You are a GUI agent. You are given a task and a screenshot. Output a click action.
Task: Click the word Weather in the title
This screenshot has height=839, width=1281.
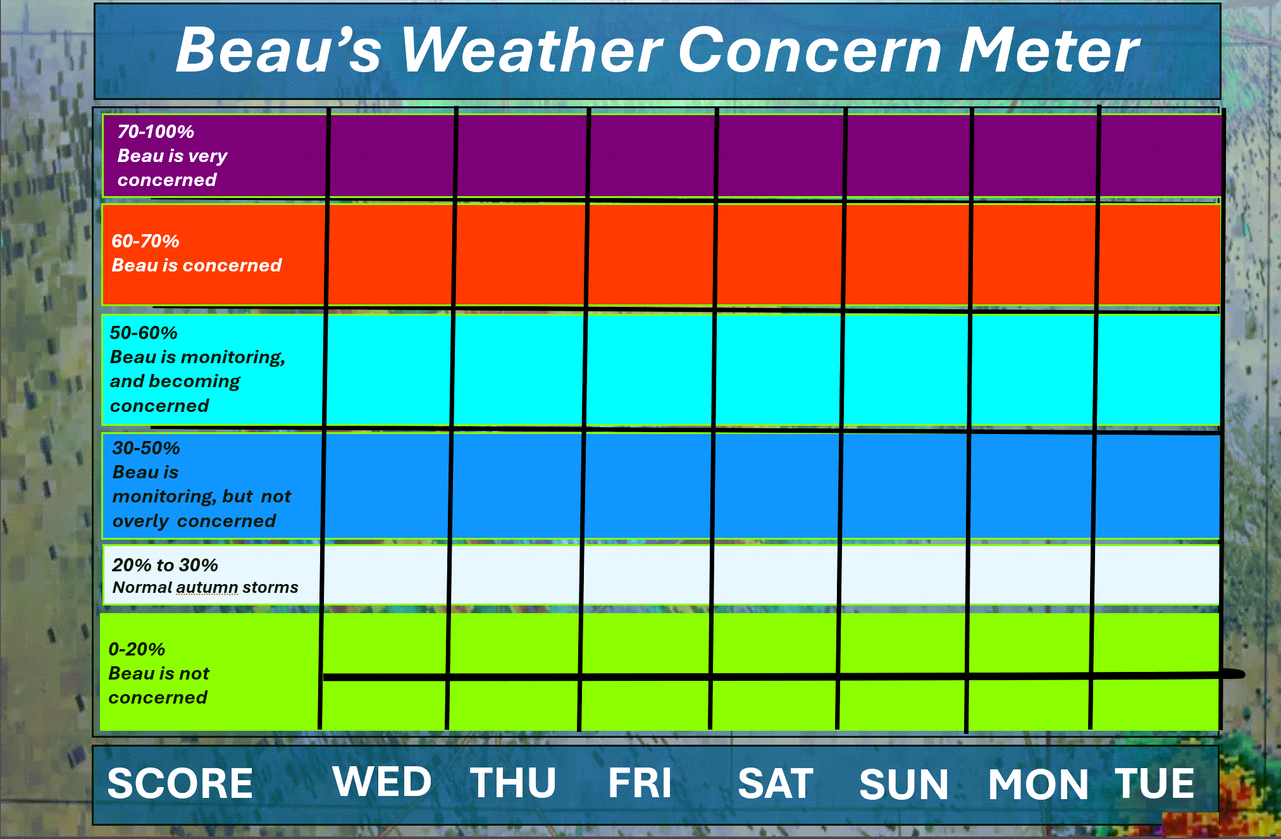click(532, 50)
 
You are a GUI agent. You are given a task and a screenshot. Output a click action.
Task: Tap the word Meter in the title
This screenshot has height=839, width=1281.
click(1049, 50)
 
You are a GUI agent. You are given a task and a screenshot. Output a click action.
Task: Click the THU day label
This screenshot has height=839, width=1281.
click(513, 783)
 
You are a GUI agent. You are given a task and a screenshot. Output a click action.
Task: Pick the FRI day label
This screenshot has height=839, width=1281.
click(640, 783)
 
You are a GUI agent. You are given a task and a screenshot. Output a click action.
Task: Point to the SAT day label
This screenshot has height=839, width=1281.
click(776, 783)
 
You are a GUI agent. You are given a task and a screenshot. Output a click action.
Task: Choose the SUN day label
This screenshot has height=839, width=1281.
click(904, 784)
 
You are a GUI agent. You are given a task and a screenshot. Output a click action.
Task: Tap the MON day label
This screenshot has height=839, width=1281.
click(1038, 784)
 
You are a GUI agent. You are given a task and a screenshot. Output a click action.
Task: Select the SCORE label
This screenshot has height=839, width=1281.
click(180, 783)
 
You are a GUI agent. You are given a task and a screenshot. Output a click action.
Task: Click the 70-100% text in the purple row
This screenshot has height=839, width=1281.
click(156, 132)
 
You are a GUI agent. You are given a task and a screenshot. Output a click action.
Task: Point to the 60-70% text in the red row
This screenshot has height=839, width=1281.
click(145, 241)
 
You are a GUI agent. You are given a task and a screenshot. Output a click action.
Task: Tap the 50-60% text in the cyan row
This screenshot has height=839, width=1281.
click(144, 333)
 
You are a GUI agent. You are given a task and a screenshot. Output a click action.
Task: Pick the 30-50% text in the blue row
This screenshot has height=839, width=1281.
click(146, 448)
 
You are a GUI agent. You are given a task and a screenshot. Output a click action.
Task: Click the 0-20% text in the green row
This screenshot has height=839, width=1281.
click(137, 649)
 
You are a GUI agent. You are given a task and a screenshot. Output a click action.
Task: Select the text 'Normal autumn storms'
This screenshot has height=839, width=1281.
click(205, 587)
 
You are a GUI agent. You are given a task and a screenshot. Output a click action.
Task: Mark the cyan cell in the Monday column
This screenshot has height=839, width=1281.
click(1032, 370)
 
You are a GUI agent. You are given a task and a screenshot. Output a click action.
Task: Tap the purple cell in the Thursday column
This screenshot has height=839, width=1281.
click(522, 155)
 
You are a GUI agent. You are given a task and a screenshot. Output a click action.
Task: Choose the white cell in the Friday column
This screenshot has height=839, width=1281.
click(645, 575)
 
